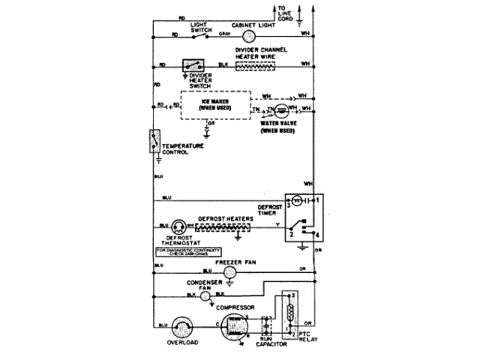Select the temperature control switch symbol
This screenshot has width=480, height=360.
(x=154, y=141)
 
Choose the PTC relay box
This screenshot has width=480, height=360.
(x=289, y=313)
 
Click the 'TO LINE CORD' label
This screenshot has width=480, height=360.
(x=288, y=13)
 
